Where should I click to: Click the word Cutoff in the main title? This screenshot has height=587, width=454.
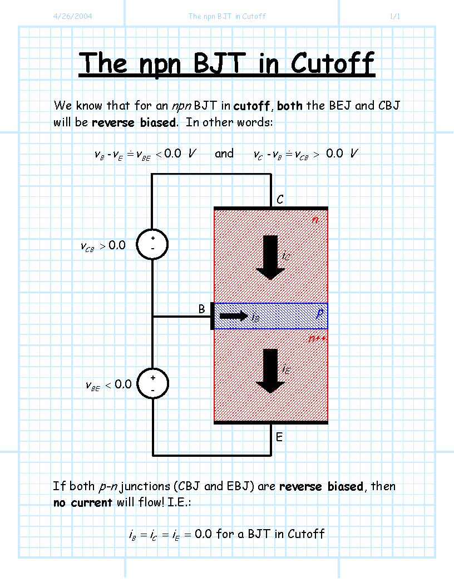332,63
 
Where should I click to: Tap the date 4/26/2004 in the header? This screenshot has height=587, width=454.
73,16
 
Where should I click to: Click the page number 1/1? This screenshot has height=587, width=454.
395,16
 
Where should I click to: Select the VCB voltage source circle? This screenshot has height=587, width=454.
152,244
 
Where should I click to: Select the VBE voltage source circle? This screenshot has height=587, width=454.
152,383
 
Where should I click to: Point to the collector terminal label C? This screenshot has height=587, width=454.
280,199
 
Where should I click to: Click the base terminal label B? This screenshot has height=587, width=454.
202,309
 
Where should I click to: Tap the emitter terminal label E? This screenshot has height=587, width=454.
279,437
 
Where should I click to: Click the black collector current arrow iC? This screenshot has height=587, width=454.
270,258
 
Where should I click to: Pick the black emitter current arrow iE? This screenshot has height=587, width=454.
270,371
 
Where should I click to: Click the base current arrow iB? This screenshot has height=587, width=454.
234,316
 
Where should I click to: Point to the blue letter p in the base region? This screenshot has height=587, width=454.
319,313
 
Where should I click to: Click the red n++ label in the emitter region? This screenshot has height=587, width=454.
317,339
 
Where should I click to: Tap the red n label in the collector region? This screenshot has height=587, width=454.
315,219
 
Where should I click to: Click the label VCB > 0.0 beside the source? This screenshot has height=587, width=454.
103,246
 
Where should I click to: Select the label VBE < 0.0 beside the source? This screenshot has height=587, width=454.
108,385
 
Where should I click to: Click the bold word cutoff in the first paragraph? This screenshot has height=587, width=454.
251,106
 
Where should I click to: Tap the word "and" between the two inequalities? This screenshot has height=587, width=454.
224,153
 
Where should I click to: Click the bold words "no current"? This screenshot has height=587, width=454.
83,502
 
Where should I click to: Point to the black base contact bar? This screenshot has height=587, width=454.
212,316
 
